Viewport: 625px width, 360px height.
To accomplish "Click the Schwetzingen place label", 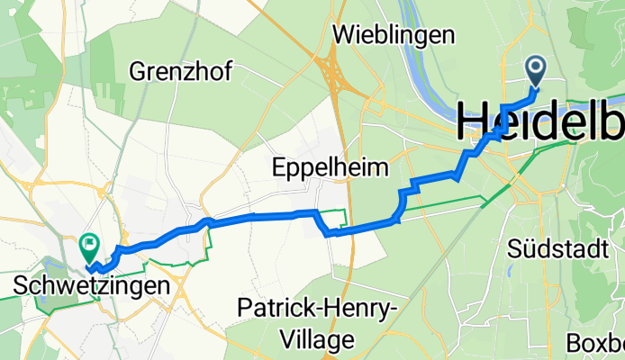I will pyautogui.click(x=93, y=286).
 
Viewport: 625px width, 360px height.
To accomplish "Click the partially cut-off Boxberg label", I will pyautogui.click(x=595, y=344).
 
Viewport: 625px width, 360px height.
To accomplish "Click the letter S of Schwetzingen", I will pyautogui.click(x=22, y=286).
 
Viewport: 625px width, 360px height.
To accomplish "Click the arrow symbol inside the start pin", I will pyautogui.click(x=536, y=66).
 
